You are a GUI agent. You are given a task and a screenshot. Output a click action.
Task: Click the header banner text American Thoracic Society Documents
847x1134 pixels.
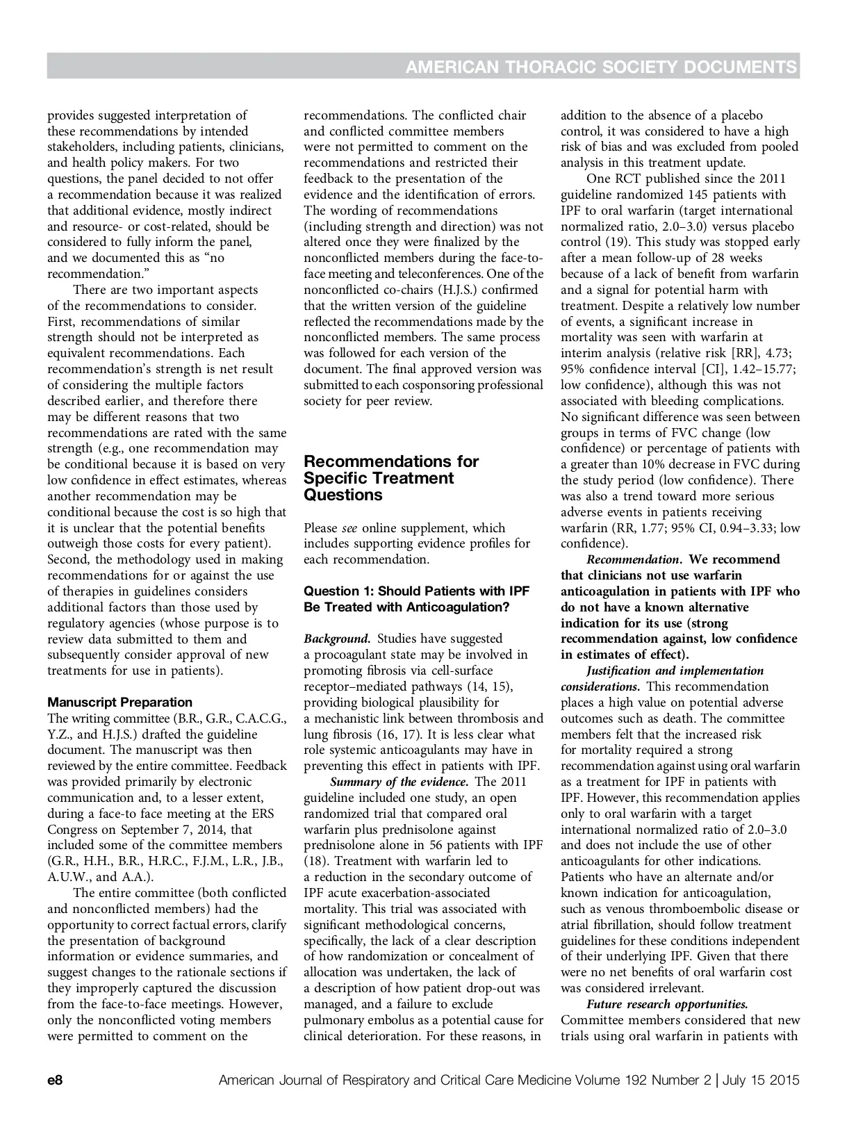[600, 67]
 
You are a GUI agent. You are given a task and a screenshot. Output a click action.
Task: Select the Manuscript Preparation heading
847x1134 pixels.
[120, 702]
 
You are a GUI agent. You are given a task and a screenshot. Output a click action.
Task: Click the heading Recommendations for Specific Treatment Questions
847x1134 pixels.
[391, 478]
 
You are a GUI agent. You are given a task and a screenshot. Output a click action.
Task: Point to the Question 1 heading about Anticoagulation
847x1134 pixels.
[416, 599]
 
